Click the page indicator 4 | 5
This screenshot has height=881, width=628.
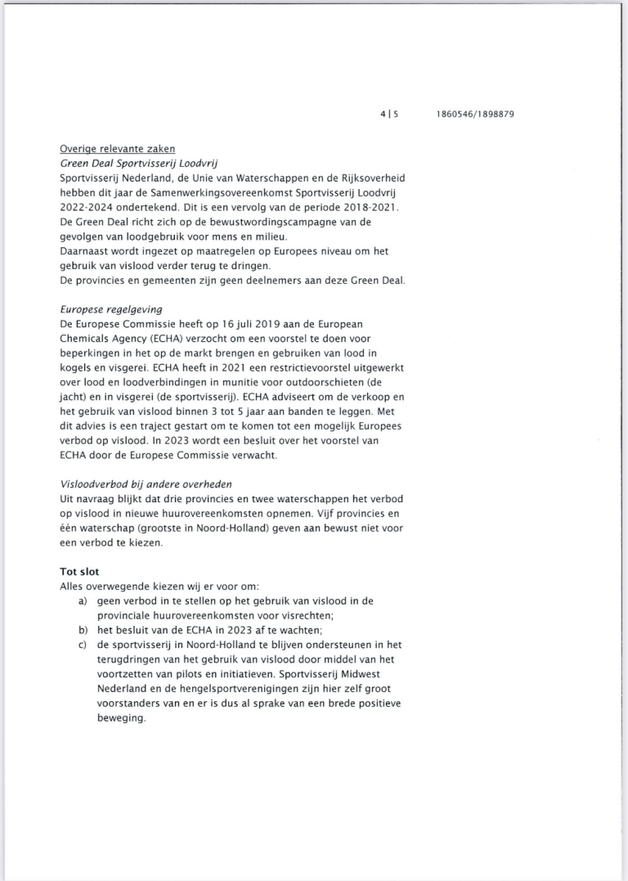pyautogui.click(x=389, y=115)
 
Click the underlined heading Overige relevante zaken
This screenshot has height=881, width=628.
pyautogui.click(x=117, y=148)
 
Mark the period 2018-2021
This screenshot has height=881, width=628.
pyautogui.click(x=368, y=207)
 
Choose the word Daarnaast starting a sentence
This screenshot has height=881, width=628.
pyautogui.click(x=87, y=251)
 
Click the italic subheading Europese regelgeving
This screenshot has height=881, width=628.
pyautogui.click(x=111, y=310)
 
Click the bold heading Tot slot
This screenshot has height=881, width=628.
pyautogui.click(x=79, y=572)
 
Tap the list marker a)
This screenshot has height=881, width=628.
pyautogui.click(x=83, y=601)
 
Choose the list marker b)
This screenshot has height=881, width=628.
pyautogui.click(x=83, y=631)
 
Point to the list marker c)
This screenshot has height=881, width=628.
pyautogui.click(x=83, y=645)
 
